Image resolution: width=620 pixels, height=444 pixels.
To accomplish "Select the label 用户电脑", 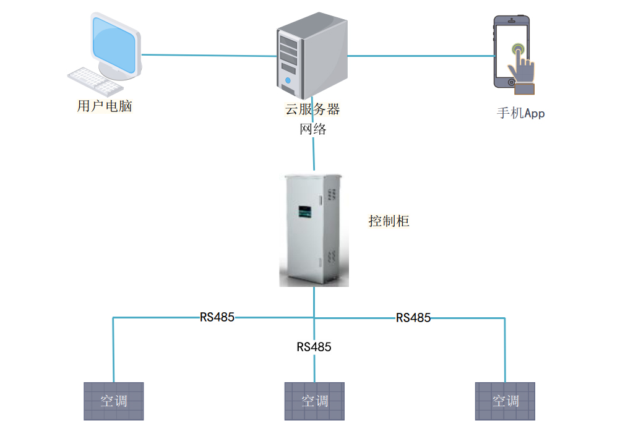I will click(104, 106).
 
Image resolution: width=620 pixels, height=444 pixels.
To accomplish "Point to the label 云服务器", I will click(312, 109).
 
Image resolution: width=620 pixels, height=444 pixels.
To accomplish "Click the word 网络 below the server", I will click(312, 129).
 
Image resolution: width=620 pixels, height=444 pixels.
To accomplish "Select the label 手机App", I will click(521, 113).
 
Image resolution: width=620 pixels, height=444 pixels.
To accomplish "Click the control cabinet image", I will click(313, 229).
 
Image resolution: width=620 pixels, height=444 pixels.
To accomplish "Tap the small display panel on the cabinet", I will click(305, 212).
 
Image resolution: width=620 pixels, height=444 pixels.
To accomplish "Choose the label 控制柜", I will click(389, 221).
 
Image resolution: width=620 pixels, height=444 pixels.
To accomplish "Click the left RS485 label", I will click(217, 317).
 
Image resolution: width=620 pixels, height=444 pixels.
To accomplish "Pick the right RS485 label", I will click(413, 318).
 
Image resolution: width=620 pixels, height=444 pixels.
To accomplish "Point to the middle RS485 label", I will click(314, 347).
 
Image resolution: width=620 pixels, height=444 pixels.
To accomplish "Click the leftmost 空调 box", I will click(114, 401).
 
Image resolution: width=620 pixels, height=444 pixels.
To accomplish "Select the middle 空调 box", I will click(314, 401).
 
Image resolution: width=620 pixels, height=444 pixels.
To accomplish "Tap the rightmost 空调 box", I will click(505, 401).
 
